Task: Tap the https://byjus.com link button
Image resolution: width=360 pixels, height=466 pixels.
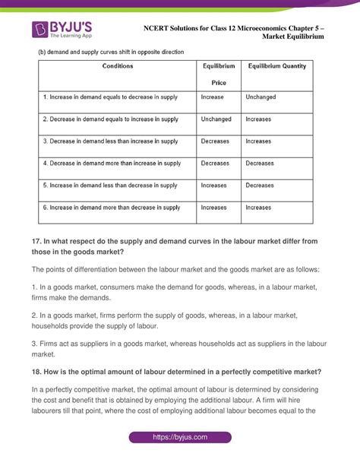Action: coord(180,439)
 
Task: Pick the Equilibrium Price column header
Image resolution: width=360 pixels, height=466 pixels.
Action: coord(219,74)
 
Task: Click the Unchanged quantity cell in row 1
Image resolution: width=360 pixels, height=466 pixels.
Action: coord(261,97)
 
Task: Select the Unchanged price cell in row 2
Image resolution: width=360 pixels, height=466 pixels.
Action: coord(216,119)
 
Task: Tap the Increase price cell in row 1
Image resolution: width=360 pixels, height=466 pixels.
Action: coord(213,97)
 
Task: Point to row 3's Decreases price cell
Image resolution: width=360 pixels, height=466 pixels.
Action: coord(215,141)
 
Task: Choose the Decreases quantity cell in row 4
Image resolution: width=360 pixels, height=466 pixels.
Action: coord(261,163)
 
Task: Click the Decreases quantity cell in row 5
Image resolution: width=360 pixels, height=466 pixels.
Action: coord(261,185)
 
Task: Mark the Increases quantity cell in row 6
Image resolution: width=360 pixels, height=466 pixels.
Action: coord(259,207)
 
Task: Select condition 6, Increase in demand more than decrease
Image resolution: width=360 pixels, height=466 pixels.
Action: coord(112,207)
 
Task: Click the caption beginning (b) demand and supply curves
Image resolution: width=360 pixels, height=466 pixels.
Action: coord(112,52)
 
